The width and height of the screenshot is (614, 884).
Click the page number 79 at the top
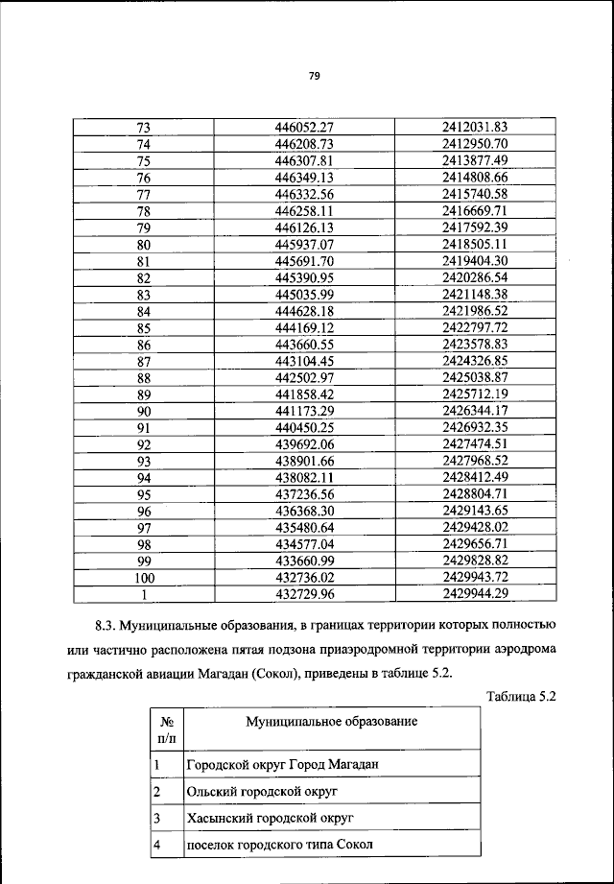314,77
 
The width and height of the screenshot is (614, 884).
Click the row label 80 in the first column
145,244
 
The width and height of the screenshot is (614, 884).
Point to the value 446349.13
303,178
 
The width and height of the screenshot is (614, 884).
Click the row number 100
145,577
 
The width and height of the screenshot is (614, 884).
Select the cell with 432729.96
303,593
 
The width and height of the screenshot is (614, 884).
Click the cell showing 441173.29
303,411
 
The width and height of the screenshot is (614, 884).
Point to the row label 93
145,461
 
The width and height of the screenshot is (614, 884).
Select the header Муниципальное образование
331,720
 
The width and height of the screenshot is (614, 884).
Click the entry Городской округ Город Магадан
271,764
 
